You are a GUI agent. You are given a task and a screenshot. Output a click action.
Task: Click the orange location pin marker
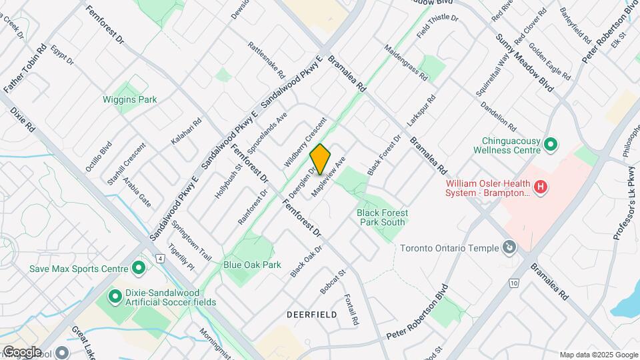tap(321, 159)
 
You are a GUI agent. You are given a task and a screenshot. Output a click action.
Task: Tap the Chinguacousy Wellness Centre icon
tap(551, 144)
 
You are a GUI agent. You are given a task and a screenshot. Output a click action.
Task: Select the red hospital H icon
tap(541, 188)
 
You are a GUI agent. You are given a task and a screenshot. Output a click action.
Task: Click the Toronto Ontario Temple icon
tap(510, 248)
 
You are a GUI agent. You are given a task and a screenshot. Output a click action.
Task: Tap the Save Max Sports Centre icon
tap(139, 269)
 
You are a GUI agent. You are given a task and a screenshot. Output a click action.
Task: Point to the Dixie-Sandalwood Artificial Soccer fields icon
tap(114, 295)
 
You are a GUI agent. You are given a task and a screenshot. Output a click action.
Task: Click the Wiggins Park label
tap(129, 100)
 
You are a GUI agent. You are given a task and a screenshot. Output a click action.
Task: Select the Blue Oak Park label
tap(252, 265)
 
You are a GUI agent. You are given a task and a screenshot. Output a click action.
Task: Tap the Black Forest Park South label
tap(383, 217)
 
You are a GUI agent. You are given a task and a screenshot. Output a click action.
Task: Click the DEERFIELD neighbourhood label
tap(309, 313)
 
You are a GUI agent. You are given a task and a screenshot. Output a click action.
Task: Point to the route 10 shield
tap(513, 283)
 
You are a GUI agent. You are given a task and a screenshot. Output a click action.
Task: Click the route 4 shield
tap(160, 257)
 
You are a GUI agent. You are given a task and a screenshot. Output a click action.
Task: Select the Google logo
tap(21, 351)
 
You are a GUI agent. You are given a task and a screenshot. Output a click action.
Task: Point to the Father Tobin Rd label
tap(25, 69)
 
